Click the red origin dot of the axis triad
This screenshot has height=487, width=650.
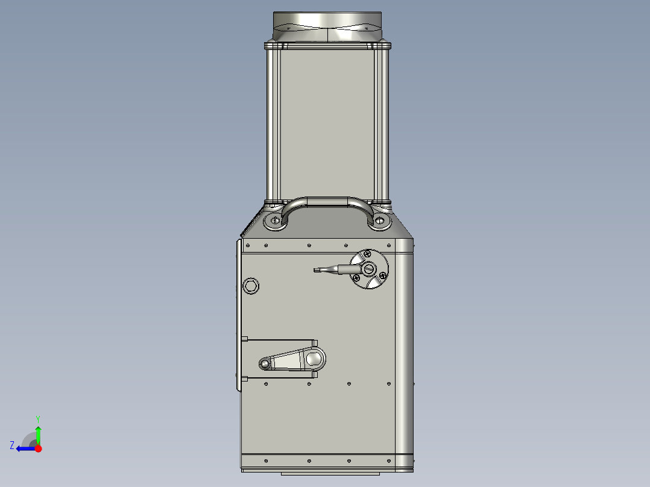point(38,448)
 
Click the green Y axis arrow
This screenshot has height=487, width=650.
point(38,434)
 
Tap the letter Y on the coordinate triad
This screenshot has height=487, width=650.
point(38,418)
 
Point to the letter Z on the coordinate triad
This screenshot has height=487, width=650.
point(12,445)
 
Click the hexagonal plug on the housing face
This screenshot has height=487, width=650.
point(250,286)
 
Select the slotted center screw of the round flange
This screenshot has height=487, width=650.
point(369,269)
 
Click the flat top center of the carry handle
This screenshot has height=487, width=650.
point(327,201)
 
